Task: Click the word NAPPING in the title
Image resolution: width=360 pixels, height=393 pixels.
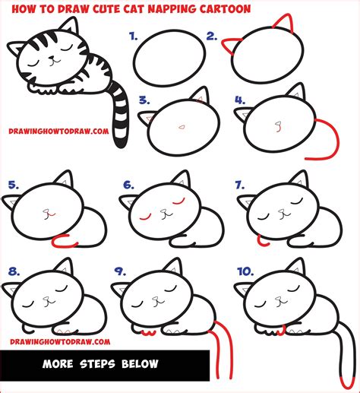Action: click(x=172, y=9)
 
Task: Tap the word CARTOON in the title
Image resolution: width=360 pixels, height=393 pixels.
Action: click(x=225, y=9)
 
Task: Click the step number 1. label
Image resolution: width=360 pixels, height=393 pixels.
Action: click(x=134, y=36)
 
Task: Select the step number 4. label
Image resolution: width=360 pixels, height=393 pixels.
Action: click(x=240, y=100)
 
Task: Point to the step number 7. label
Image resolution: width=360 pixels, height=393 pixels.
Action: click(x=240, y=185)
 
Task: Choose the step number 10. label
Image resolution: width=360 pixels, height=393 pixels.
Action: click(x=245, y=271)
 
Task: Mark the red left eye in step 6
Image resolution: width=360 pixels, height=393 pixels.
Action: click(x=145, y=217)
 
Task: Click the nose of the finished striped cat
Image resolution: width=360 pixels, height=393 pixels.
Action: click(x=52, y=58)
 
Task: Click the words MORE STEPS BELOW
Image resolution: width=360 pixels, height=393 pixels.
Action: click(x=100, y=364)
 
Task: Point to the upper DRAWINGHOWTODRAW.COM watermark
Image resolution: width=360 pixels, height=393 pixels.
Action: click(x=58, y=132)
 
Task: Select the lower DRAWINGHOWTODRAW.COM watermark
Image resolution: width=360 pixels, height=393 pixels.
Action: click(x=60, y=342)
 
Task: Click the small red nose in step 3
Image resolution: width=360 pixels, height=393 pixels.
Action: click(x=182, y=127)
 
